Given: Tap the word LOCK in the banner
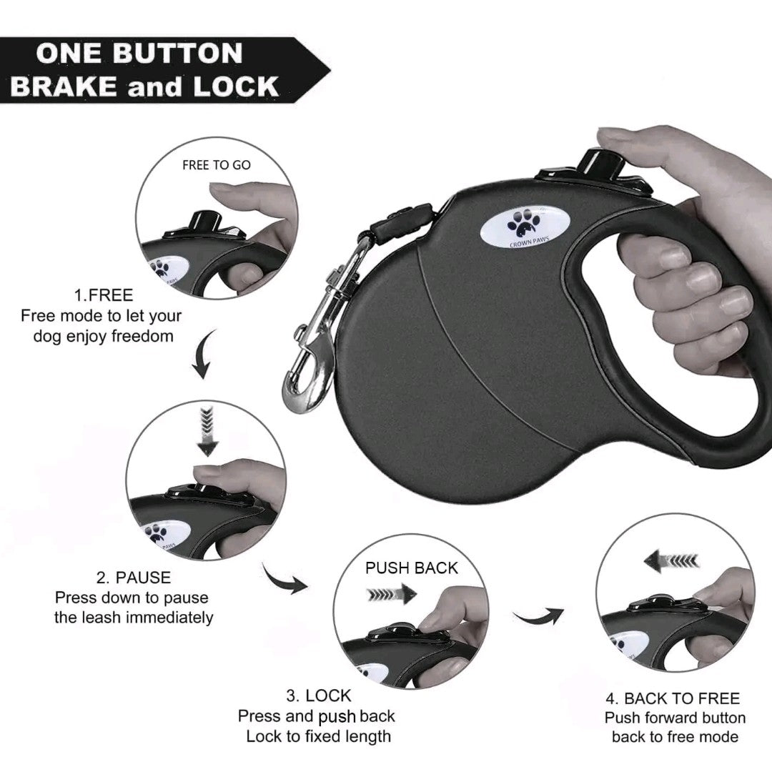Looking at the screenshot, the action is [x=236, y=86].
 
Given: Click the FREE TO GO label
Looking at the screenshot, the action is [x=216, y=165].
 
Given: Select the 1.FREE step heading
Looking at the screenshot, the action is [x=104, y=295].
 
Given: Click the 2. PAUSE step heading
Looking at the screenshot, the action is [x=134, y=577].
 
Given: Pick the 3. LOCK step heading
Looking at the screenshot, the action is [x=319, y=696].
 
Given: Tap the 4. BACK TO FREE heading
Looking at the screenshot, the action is [x=673, y=698].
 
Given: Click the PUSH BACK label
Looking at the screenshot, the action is [x=411, y=568].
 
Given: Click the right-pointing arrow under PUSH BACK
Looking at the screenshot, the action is [x=392, y=594].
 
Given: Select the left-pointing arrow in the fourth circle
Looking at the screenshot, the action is [x=671, y=561].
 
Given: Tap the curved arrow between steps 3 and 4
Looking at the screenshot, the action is [x=538, y=615].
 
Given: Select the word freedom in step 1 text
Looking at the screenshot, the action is [x=142, y=336].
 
